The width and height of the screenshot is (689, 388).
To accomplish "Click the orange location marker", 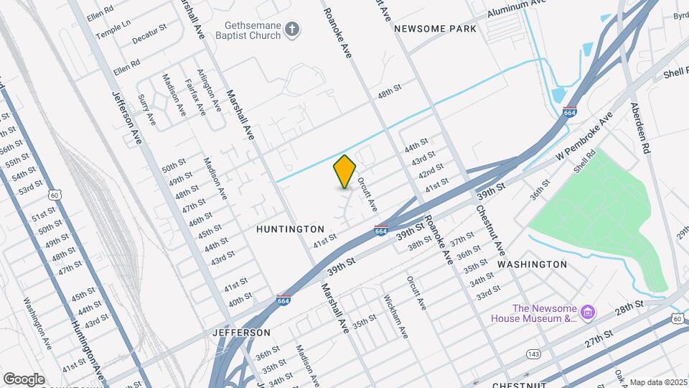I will pyautogui.click(x=345, y=172).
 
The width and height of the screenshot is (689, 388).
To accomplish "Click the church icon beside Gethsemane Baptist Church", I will pyautogui.click(x=291, y=29).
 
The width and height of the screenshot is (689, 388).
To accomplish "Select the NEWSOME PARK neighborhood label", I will pyautogui.click(x=435, y=29).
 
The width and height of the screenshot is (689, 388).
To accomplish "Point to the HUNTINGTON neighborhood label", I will pyautogui.click(x=291, y=228).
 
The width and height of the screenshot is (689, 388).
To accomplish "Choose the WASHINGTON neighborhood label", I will pyautogui.click(x=532, y=264).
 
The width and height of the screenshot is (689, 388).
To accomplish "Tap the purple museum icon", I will pyautogui.click(x=588, y=312).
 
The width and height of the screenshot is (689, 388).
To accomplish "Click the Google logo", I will pyautogui.click(x=24, y=379).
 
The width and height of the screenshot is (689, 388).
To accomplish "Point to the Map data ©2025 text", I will pyautogui.click(x=658, y=382).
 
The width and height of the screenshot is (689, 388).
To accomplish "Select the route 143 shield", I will pyautogui.click(x=533, y=354).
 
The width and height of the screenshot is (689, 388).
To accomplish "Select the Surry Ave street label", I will pyautogui.click(x=146, y=109).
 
